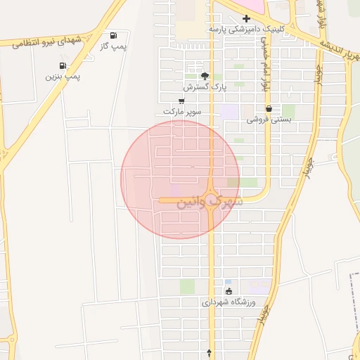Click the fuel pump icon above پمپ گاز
(x=114, y=35)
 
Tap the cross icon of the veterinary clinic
(x=246, y=19)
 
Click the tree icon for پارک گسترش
(x=205, y=77)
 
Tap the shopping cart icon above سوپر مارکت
(x=181, y=101)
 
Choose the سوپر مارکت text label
(x=182, y=111)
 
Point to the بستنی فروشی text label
(x=269, y=120)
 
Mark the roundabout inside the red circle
(x=212, y=200)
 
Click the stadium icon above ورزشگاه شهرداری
(x=229, y=291)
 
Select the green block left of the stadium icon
(x=187, y=286)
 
